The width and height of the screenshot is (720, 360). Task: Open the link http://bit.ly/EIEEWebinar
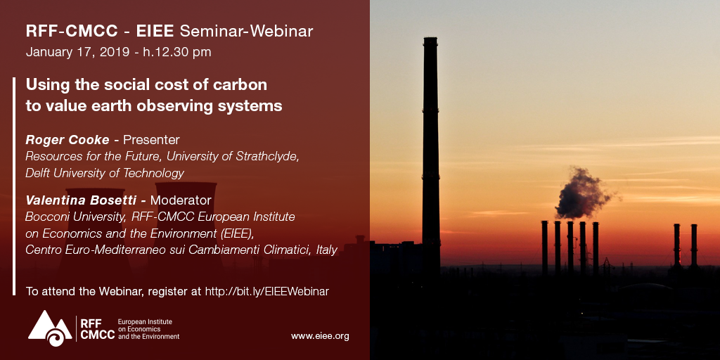(x=266, y=290)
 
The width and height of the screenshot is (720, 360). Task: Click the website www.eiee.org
(x=320, y=336)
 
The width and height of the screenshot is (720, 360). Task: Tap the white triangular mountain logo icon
(x=49, y=328)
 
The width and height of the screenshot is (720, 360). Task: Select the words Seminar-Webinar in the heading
(x=246, y=31)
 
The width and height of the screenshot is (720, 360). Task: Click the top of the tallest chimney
(x=430, y=40)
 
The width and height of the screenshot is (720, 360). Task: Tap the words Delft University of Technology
(x=105, y=173)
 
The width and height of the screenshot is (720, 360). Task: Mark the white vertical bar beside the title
(x=14, y=186)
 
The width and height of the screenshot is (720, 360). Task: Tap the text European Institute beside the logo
(x=145, y=321)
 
